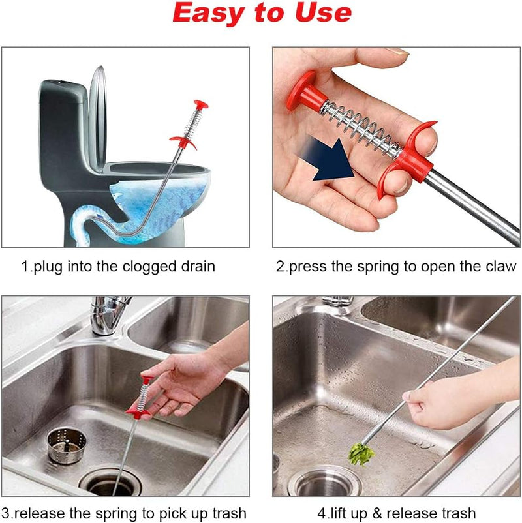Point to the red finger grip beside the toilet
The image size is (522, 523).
click(x=183, y=140)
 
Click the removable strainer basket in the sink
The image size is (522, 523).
click(x=65, y=446)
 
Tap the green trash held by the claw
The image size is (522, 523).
click(x=361, y=454)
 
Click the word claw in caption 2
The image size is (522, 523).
click(x=503, y=267)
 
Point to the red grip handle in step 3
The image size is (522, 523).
click(x=139, y=411)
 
